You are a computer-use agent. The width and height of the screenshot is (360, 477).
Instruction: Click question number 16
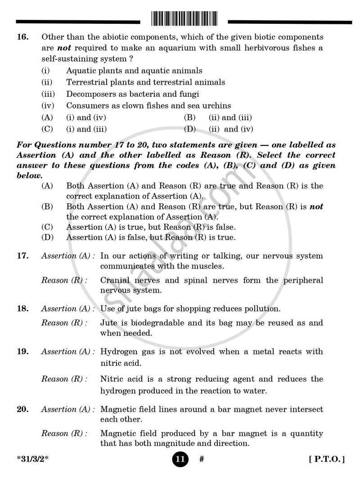tap(22, 37)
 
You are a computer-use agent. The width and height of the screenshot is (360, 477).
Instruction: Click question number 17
tap(22, 256)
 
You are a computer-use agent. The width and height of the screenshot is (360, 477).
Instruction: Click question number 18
tap(22, 309)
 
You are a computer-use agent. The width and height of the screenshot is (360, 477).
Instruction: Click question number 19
tap(22, 351)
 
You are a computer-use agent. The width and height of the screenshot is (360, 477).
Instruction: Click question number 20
tap(22, 409)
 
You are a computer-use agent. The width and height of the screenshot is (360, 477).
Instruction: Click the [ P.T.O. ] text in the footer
tap(327, 460)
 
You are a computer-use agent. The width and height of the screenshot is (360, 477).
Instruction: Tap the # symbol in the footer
tap(202, 460)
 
